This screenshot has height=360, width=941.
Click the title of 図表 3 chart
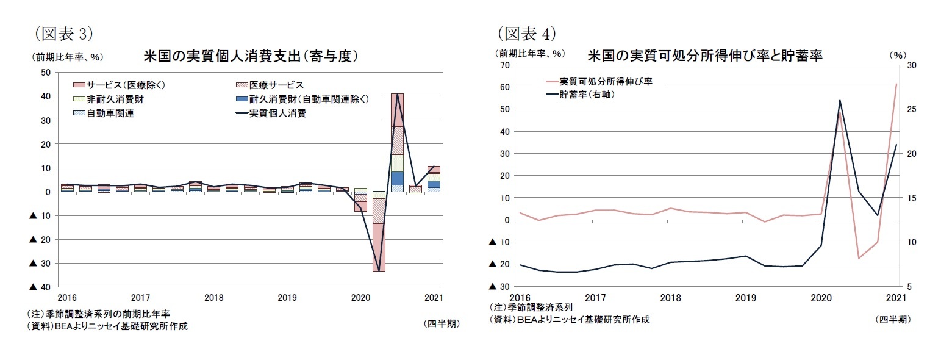[249, 56]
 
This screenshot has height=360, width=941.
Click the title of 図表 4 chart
[705, 56]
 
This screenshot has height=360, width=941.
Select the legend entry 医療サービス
[276, 85]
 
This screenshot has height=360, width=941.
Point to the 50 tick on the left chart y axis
[45, 73]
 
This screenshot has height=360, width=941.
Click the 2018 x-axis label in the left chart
[213, 298]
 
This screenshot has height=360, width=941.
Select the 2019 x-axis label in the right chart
[745, 298]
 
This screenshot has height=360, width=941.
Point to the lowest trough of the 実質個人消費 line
[379, 270]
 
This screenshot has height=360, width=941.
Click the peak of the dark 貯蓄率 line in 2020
[840, 101]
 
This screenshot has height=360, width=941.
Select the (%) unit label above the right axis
[898, 55]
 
